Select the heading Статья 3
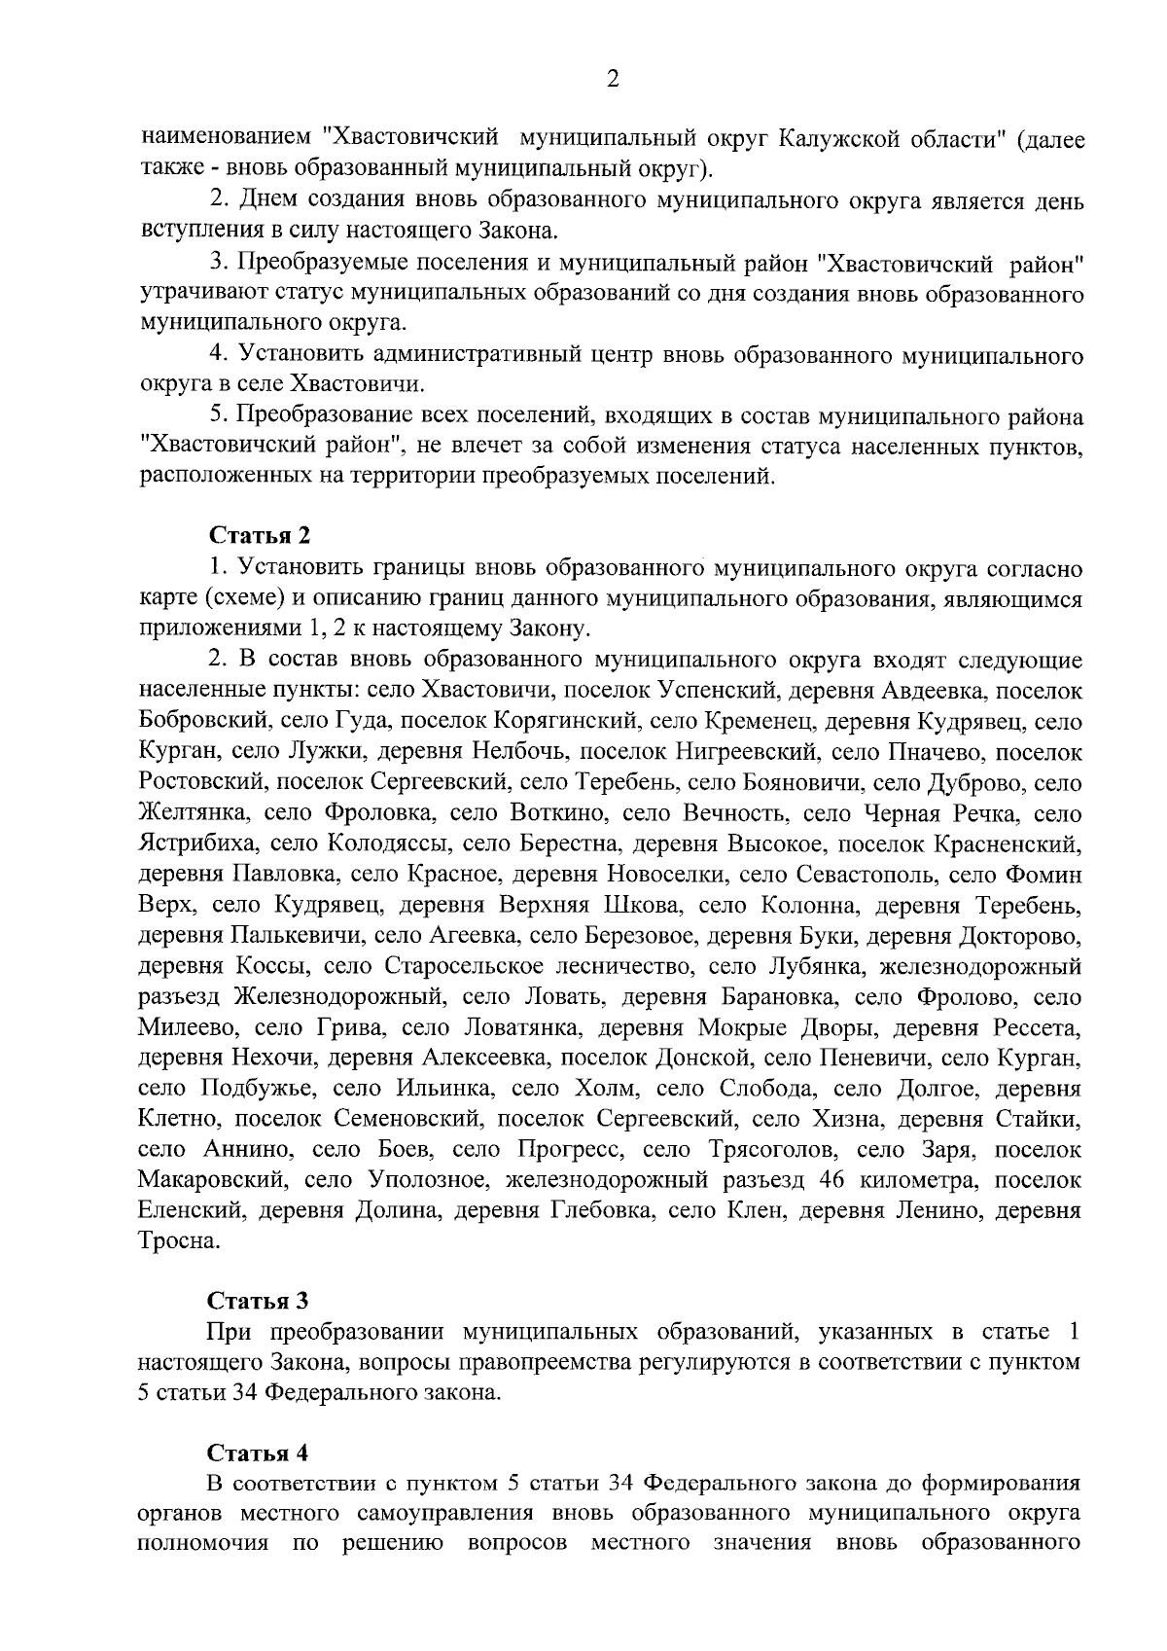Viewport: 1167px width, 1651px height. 258,1302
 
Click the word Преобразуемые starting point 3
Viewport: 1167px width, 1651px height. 321,263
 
